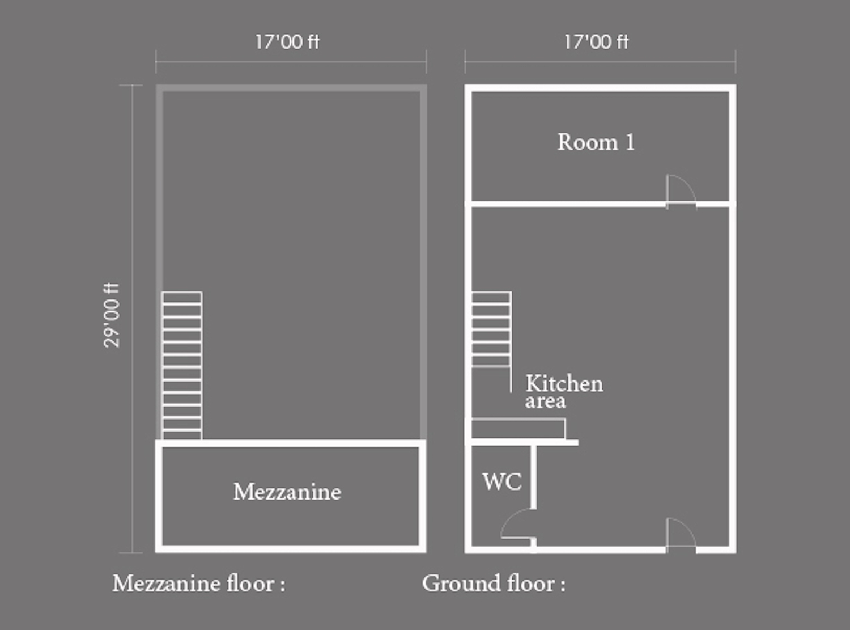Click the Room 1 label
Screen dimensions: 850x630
pos(596,142)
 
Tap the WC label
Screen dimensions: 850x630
pos(502,481)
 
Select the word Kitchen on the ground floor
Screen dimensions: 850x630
pos(564,383)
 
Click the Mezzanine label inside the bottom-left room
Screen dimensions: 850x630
pos(287,492)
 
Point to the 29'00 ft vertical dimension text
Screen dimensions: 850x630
pos(112,315)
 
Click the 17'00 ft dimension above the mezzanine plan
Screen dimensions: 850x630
pos(287,42)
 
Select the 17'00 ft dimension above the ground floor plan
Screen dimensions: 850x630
pos(596,42)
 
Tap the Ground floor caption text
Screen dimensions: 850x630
pos(494,584)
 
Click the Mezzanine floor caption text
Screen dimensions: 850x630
pos(198,584)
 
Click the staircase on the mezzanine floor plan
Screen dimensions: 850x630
pos(182,365)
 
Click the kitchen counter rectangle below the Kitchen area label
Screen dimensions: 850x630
pos(518,429)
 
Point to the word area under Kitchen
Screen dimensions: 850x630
pos(545,401)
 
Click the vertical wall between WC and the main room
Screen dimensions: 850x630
pos(533,477)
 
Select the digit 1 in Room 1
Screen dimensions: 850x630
pos(630,142)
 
